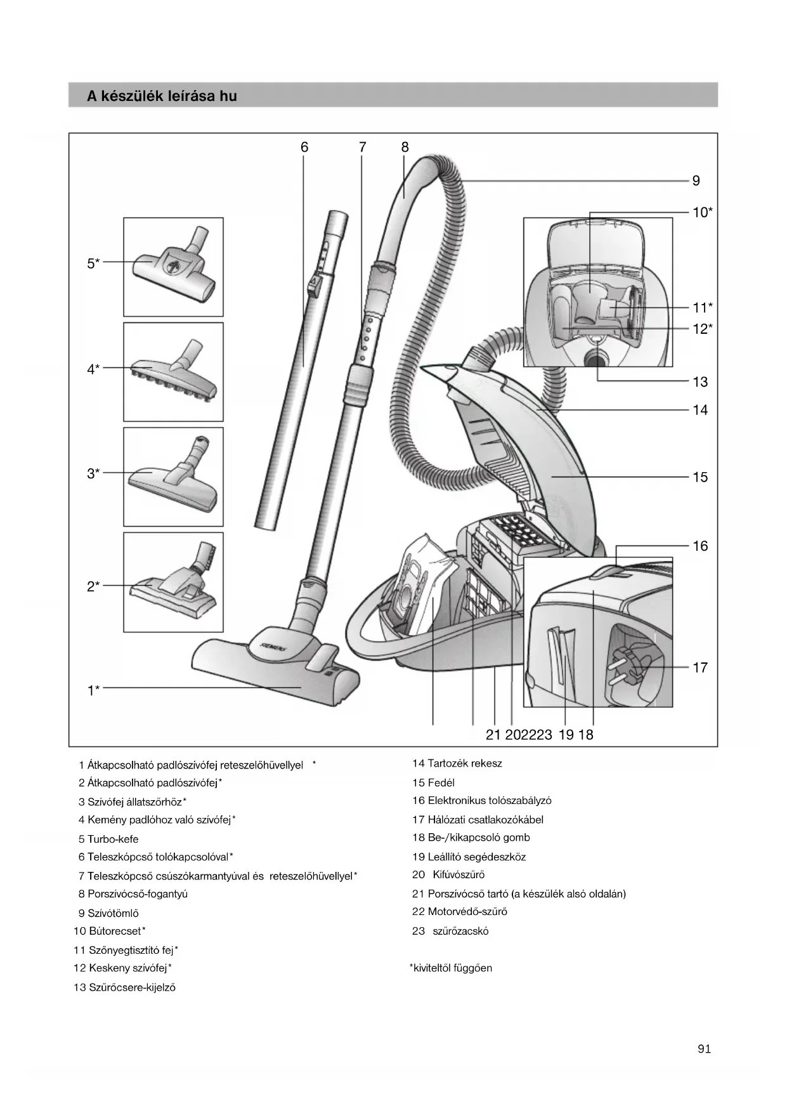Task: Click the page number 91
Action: [x=704, y=1049]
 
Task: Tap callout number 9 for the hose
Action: [x=696, y=181]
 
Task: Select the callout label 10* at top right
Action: [x=702, y=213]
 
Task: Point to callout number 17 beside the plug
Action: [x=699, y=668]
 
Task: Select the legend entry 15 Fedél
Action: [x=434, y=782]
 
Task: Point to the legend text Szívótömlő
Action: [x=113, y=913]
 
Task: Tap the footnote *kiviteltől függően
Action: [x=451, y=968]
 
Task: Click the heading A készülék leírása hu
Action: [x=162, y=96]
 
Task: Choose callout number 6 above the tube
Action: [x=304, y=147]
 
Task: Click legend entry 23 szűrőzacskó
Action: [x=451, y=931]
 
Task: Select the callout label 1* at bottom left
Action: [x=93, y=690]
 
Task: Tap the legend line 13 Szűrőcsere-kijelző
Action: [x=125, y=987]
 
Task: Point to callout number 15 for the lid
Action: [x=699, y=477]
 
